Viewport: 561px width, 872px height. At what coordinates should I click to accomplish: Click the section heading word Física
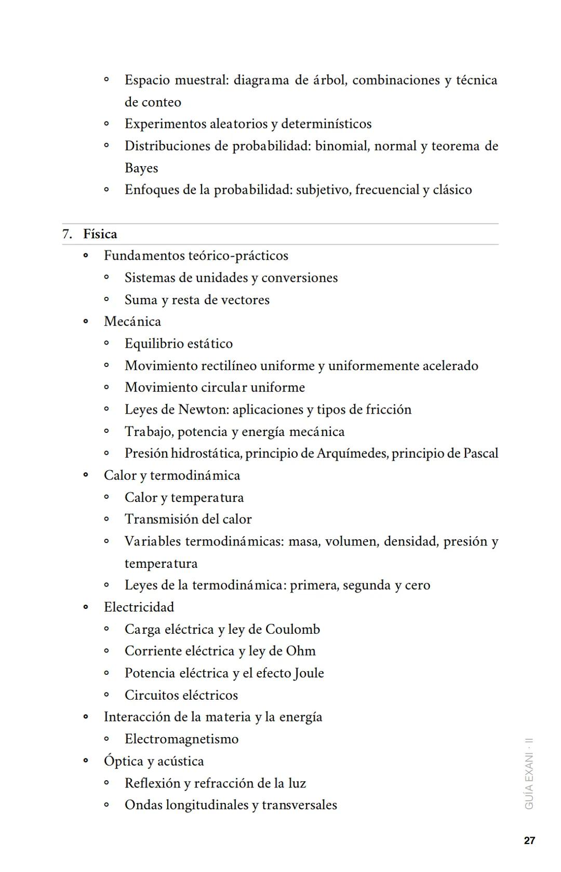click(x=100, y=234)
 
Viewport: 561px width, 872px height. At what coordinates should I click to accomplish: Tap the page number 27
click(x=529, y=840)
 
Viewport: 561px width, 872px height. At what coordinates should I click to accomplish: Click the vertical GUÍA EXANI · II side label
click(x=529, y=773)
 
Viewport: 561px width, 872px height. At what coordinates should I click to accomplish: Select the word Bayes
click(x=141, y=168)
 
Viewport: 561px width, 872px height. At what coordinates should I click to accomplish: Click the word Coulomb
click(x=292, y=629)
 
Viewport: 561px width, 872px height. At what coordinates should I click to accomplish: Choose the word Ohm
click(x=301, y=651)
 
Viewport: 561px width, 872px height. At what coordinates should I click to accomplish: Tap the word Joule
click(x=309, y=673)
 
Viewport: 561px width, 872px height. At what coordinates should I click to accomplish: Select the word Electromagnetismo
click(x=181, y=739)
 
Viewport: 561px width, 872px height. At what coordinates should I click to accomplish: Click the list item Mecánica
click(x=132, y=322)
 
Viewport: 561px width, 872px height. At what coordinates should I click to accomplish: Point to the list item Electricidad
click(x=139, y=607)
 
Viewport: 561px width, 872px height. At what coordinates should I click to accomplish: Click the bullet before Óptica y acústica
click(x=86, y=761)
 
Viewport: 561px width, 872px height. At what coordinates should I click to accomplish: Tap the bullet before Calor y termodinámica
click(x=86, y=475)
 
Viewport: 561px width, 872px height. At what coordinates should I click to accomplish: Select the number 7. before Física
click(x=67, y=234)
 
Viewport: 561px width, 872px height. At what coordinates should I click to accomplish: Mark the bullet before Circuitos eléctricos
click(x=106, y=695)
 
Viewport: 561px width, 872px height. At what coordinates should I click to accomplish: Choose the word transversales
click(x=299, y=805)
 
